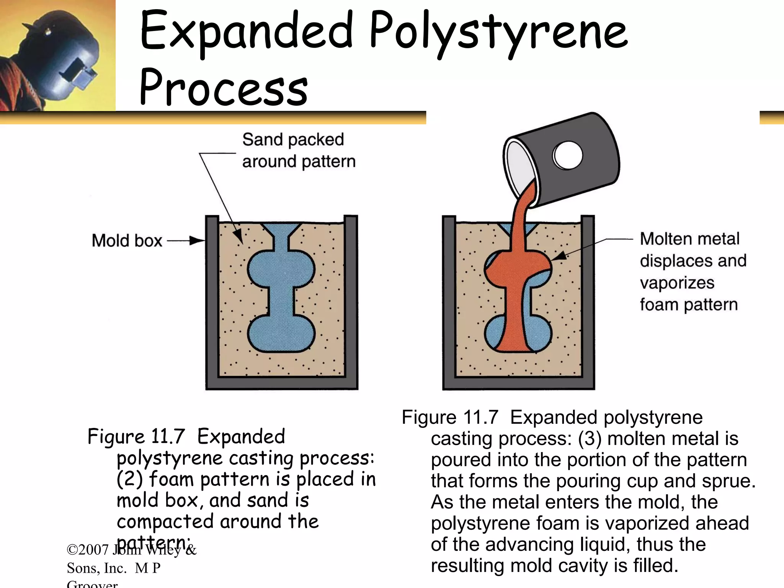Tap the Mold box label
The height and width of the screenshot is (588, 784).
click(x=127, y=241)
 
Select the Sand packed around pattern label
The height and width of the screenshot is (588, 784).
click(x=298, y=150)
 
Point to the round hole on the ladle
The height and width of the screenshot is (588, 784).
click(x=567, y=156)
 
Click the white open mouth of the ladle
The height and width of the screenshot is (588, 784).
click(x=521, y=168)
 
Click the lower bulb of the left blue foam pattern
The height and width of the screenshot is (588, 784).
click(x=281, y=333)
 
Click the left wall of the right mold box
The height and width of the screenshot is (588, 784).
click(x=449, y=302)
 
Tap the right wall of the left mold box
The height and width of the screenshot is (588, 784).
click(x=351, y=302)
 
